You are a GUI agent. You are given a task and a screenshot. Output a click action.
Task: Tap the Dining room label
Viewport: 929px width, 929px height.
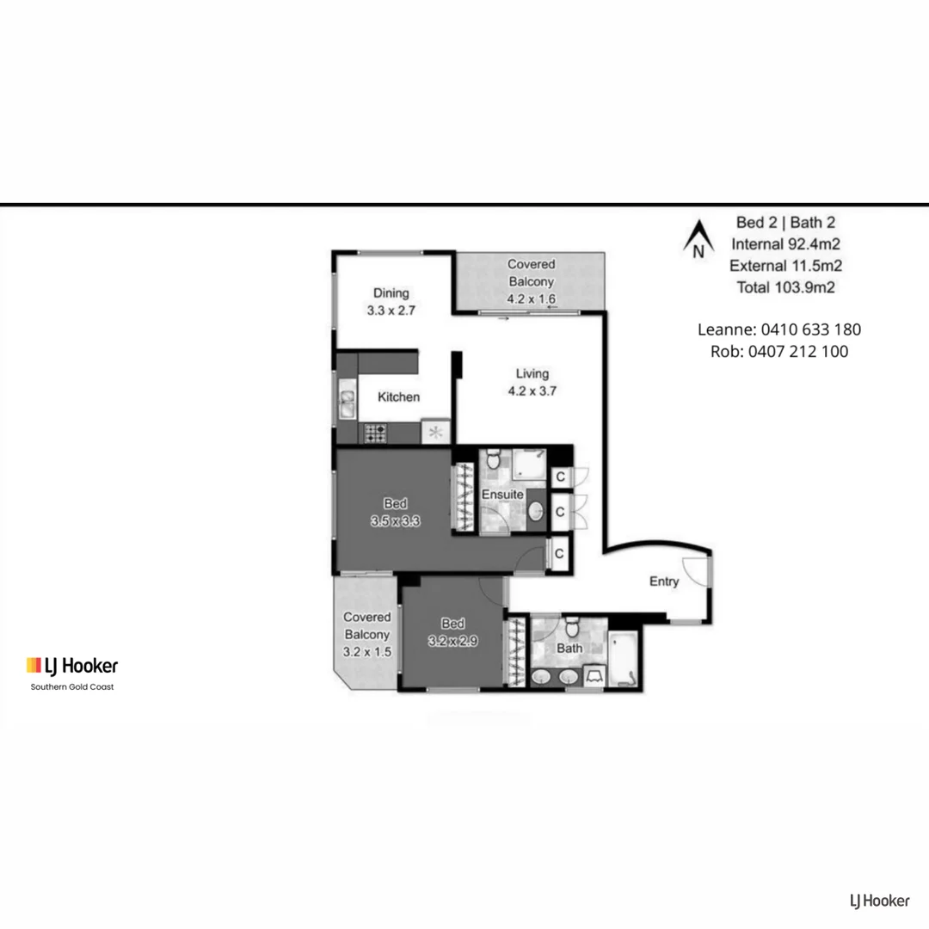391,292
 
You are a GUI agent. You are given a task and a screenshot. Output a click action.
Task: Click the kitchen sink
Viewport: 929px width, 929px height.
347,403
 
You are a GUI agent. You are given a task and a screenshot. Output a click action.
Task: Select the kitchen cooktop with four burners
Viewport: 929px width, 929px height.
375,432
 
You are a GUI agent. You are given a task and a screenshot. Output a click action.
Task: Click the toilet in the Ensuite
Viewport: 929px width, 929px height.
492,461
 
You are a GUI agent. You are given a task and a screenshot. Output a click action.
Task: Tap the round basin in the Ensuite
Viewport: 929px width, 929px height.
535,512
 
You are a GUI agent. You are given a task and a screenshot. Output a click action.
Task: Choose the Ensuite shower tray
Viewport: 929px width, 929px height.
529,464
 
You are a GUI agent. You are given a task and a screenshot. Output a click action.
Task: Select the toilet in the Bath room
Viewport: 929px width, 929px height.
569,625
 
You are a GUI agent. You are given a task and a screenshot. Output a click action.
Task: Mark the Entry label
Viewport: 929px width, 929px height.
663,581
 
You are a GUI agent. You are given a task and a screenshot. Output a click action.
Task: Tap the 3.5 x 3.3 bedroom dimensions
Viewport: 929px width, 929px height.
395,520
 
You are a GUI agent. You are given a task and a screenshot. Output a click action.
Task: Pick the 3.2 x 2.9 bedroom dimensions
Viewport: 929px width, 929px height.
453,640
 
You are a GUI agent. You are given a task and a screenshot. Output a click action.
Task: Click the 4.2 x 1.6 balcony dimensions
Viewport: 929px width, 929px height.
531,299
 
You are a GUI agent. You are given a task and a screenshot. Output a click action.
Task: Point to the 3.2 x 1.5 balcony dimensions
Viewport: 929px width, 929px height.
367,652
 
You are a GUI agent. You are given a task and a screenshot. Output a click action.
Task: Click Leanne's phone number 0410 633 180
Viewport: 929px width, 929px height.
815,329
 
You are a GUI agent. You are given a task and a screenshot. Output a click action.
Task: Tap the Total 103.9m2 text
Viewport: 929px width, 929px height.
785,287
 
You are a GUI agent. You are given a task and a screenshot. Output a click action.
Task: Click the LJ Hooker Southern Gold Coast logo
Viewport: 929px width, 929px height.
72,671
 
